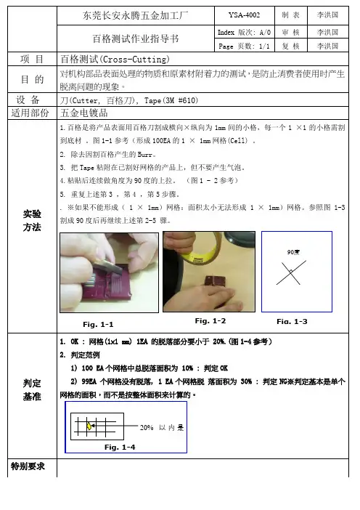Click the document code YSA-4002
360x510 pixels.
coord(244,15)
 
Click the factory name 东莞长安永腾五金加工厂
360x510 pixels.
coord(135,15)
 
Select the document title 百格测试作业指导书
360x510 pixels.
coord(136,39)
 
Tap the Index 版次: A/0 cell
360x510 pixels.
coord(244,32)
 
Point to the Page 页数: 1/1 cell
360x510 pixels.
coord(244,46)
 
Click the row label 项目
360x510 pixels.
coord(32,59)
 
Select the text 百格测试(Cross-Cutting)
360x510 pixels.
coord(115,59)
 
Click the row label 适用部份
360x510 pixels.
coord(30,113)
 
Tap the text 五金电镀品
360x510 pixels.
coord(83,113)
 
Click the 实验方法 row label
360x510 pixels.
coord(32,220)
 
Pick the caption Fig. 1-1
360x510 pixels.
coord(98,324)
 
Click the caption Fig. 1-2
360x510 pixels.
coord(210,320)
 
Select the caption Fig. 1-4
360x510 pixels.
coord(120,448)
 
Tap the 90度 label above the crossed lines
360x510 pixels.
coord(293,252)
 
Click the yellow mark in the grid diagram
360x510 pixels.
coord(89,426)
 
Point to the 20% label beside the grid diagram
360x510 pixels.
coord(147,427)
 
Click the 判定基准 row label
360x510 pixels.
coord(32,389)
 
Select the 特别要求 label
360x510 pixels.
coord(28,466)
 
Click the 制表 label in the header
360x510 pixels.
coord(290,15)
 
